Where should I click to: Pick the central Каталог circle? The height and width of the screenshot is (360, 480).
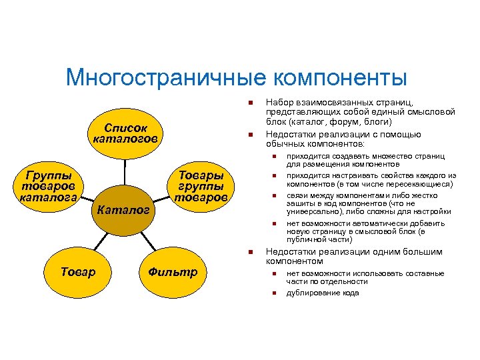[x=123, y=211]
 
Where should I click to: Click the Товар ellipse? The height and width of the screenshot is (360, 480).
[x=78, y=271]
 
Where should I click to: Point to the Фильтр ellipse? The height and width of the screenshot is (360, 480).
[x=173, y=271]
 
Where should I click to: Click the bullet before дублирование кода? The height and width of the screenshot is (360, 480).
[x=273, y=293]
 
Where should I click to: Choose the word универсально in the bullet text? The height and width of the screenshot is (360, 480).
[x=313, y=211]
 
